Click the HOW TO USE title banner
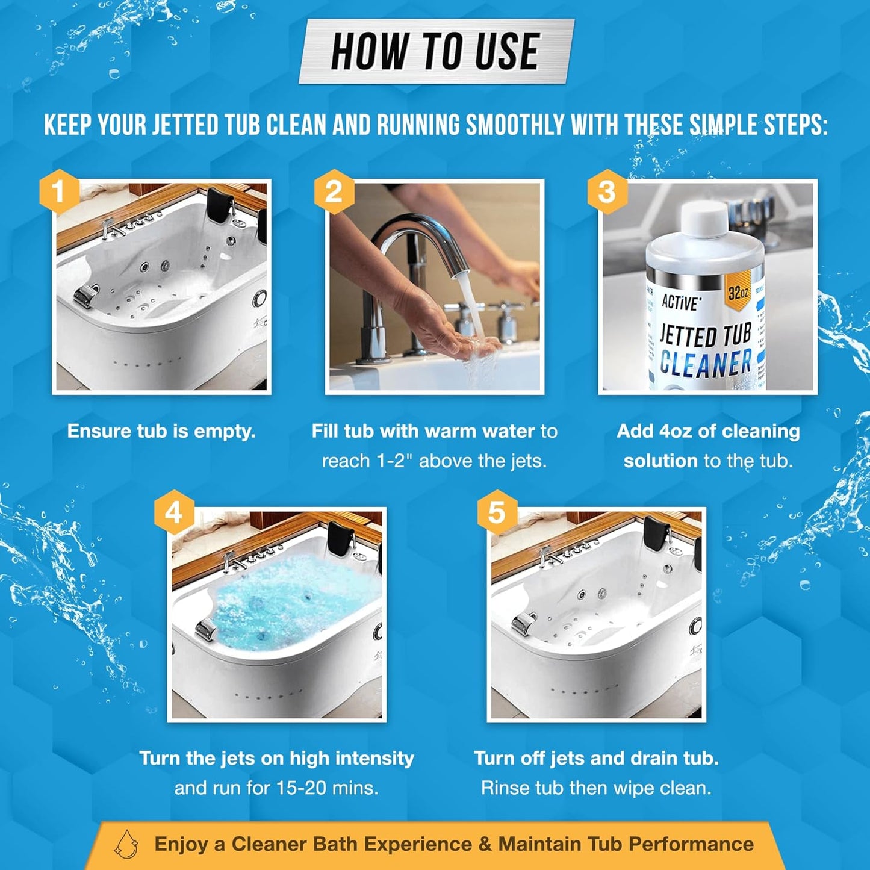pos(435,52)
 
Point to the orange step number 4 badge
pos(174,512)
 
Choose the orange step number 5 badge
pos(496,512)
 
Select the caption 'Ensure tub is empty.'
pos(161,431)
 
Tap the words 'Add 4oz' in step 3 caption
pos(654,431)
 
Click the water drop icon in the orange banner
pos(127,844)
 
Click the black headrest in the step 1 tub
pos(221,205)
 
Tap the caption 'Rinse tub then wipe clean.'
pos(596,788)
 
